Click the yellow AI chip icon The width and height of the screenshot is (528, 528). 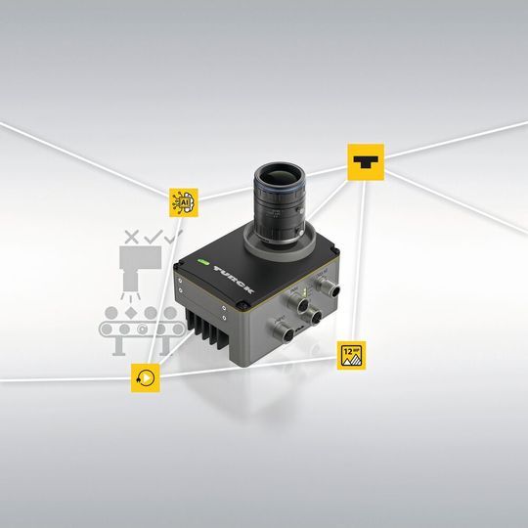pyautogui.click(x=183, y=201)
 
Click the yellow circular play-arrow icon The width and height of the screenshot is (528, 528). pyautogui.click(x=146, y=376)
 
